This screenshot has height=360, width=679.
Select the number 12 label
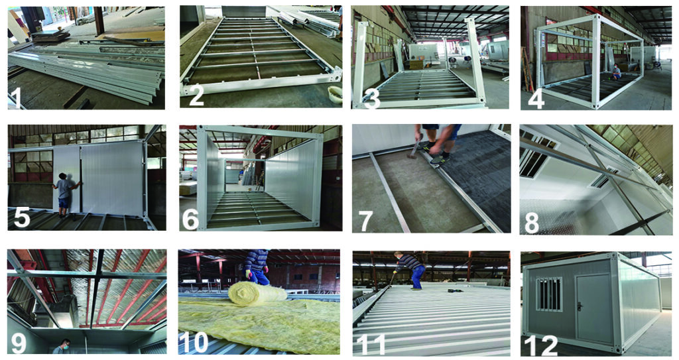pyautogui.click(x=540, y=345)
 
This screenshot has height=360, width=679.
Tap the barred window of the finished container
pyautogui.click(x=548, y=294)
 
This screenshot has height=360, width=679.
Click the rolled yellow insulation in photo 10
pyautogui.click(x=257, y=293)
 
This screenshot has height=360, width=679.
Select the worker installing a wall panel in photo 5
pyautogui.click(x=65, y=194)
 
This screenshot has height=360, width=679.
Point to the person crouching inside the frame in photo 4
pyautogui.click(x=615, y=72)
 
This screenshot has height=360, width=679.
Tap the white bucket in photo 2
pyautogui.click(x=335, y=93)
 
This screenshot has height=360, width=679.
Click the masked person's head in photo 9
pyautogui.click(x=66, y=344)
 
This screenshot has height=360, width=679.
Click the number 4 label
pyautogui.click(x=536, y=98)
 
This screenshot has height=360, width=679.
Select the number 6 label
pyautogui.click(x=190, y=219)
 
